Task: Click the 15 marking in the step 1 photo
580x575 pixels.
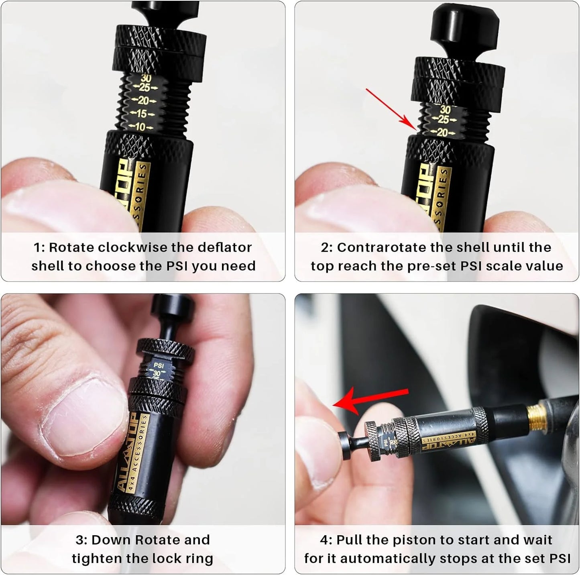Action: point(142,114)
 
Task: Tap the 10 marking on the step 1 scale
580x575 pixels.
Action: point(140,127)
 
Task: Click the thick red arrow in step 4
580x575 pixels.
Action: point(371,400)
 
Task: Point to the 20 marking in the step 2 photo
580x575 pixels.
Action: point(442,133)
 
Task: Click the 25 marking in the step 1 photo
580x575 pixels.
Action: point(144,88)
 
